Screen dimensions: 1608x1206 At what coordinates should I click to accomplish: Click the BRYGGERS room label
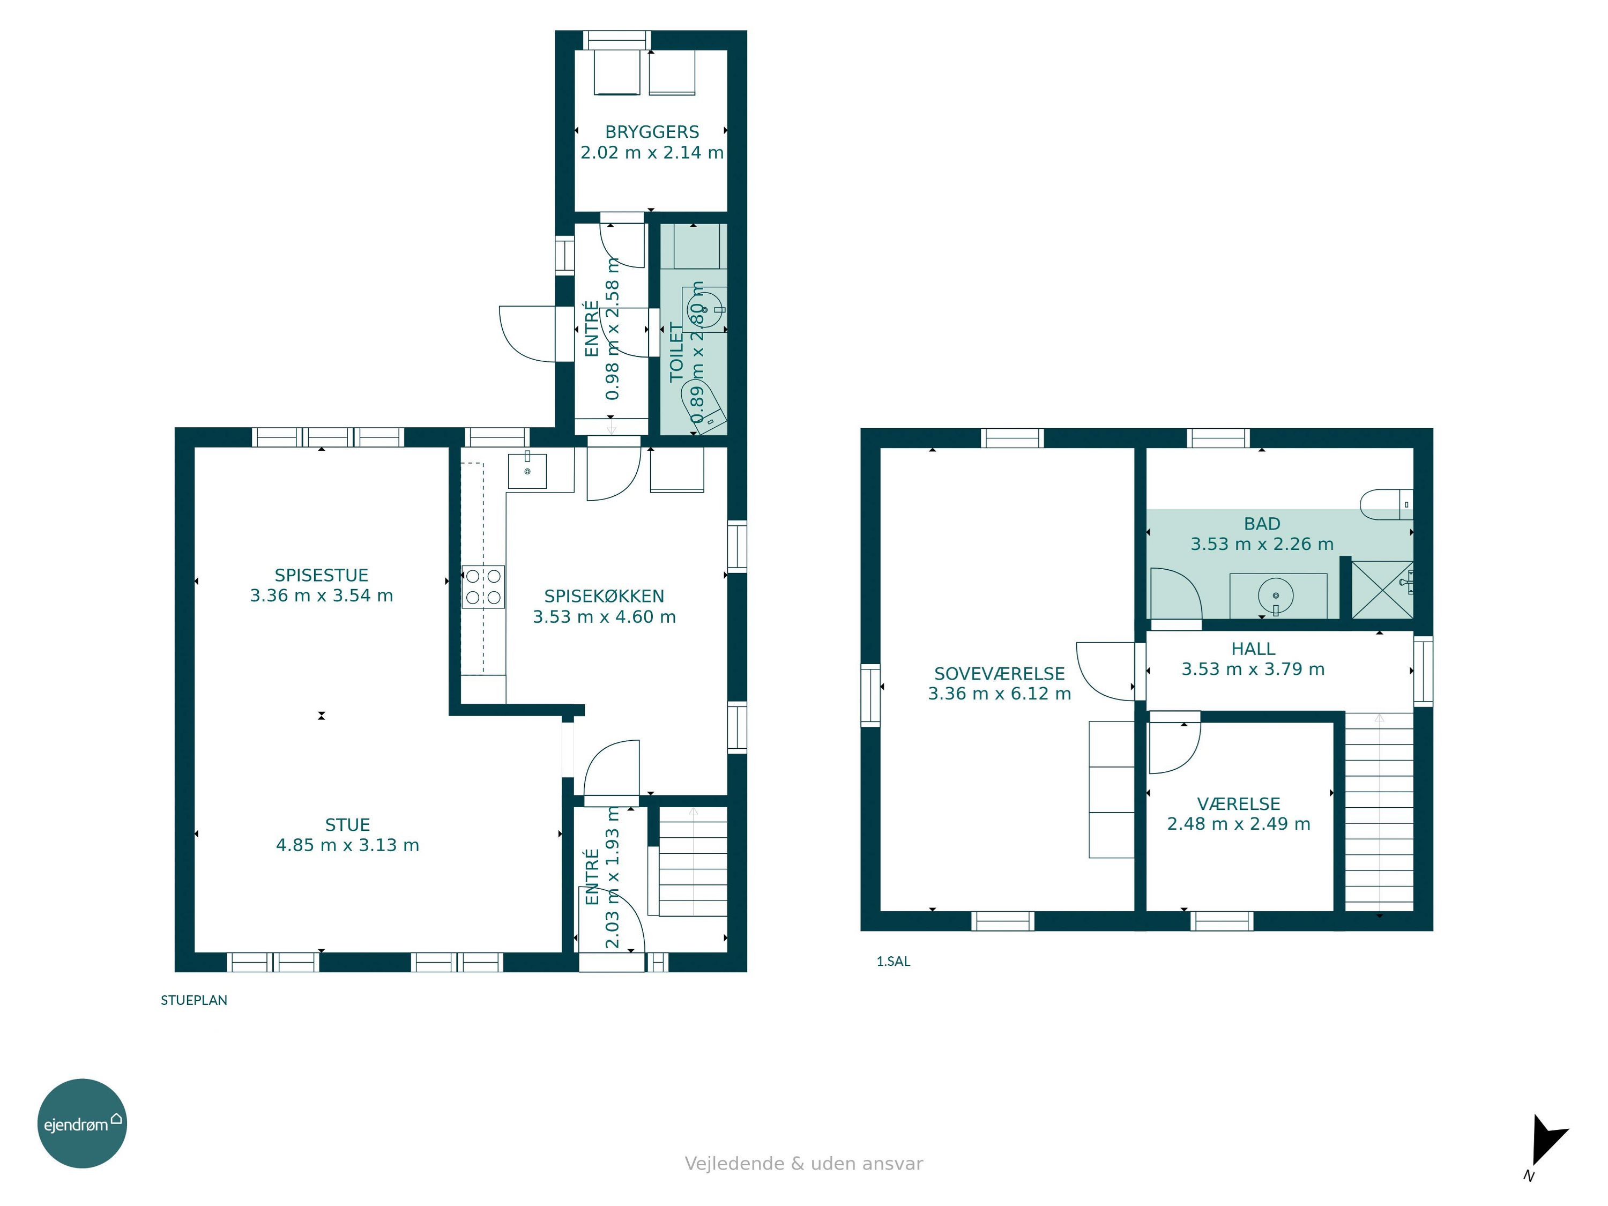[652, 131]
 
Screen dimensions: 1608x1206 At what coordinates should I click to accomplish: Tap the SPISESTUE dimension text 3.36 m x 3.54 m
[321, 595]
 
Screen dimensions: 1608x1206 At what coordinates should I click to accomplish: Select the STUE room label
[347, 824]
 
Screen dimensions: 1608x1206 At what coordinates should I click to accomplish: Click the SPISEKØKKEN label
[604, 596]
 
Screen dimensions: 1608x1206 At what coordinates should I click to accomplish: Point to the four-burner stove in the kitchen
[483, 586]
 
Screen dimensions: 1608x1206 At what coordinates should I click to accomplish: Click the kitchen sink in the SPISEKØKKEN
[527, 470]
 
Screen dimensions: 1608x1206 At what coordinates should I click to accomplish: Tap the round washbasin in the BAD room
[1276, 594]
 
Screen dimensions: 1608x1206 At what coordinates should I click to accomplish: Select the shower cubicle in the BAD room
[1382, 590]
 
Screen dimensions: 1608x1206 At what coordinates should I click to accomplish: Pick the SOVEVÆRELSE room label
[1000, 674]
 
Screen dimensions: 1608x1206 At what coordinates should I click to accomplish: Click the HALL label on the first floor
[1253, 649]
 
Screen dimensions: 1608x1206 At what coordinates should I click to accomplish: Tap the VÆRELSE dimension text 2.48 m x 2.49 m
[1239, 824]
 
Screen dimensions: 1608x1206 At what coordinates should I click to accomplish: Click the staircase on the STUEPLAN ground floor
[693, 861]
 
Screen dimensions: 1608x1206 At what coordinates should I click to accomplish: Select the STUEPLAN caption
[194, 1000]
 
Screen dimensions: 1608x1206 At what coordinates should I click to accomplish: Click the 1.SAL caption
[894, 961]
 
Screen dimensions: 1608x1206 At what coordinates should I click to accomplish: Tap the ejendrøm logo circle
[82, 1123]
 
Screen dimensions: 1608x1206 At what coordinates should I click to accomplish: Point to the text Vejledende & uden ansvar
[804, 1164]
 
